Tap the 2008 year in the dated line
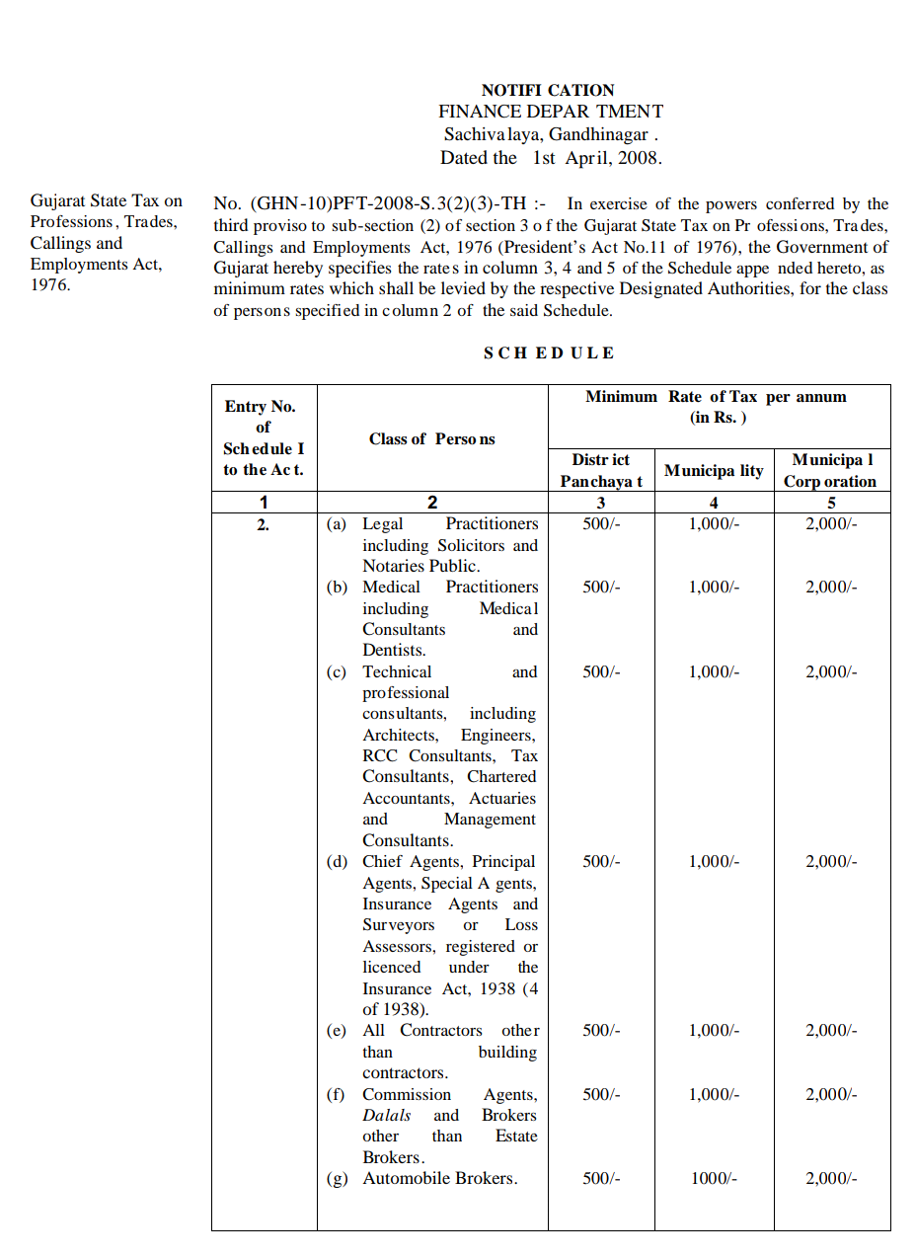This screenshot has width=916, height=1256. coord(641,157)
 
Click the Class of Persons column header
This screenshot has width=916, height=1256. coord(431,438)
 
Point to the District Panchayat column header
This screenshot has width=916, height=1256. coord(600,470)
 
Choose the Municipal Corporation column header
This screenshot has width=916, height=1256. coord(830,470)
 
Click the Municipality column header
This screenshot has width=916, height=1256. coord(713,470)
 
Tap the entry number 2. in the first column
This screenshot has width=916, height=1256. coord(263,525)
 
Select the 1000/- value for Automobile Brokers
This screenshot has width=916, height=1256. coord(713,1178)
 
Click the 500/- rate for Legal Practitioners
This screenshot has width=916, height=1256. coord(600,523)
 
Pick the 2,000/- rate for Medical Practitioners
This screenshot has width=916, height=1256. coord(830,587)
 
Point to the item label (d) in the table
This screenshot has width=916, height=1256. coord(338,861)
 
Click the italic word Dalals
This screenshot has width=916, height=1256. coord(386,1115)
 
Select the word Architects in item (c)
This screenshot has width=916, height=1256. coord(400,735)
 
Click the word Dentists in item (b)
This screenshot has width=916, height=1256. coord(394,650)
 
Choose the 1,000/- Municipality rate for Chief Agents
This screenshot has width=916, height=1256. coord(713,861)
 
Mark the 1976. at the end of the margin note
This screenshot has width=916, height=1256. coord(49,285)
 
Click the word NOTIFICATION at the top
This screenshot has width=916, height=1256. coord(548,90)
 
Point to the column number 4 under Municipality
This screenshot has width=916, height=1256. coord(713,502)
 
